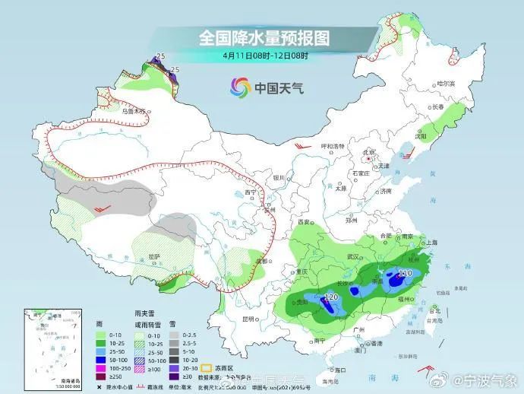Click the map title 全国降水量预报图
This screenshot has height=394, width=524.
pyautogui.click(x=265, y=37)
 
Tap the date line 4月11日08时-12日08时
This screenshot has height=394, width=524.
pyautogui.click(x=265, y=55)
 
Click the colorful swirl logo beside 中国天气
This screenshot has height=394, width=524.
pyautogui.click(x=240, y=88)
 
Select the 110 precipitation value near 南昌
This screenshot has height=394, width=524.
pyautogui.click(x=405, y=272)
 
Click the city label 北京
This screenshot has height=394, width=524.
pyautogui.click(x=369, y=152)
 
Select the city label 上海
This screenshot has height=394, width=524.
pyautogui.click(x=432, y=242)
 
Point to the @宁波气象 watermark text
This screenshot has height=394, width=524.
pyautogui.click(x=488, y=380)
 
